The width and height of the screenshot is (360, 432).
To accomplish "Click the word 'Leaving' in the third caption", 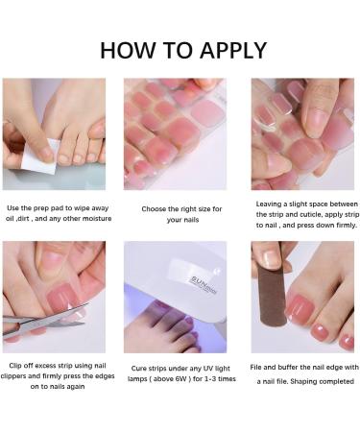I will pyautogui.click(x=271, y=204).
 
